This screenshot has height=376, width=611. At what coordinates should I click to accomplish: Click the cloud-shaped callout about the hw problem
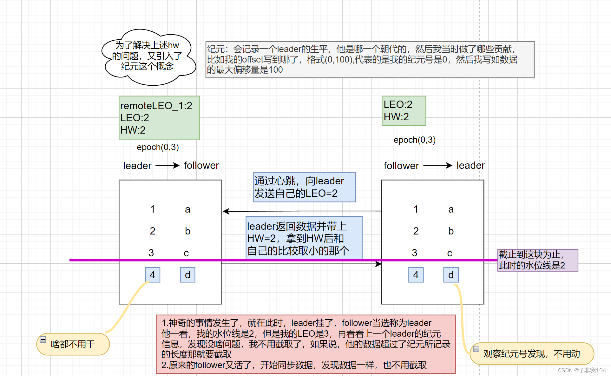point(148,57)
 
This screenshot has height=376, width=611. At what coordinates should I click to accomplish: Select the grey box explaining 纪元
point(370,59)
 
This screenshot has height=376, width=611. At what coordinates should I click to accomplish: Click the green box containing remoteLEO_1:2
point(159,118)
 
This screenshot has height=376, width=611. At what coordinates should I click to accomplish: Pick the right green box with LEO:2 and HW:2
point(404,111)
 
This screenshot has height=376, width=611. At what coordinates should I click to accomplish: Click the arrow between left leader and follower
point(167,165)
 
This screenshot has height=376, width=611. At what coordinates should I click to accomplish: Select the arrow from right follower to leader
point(437,165)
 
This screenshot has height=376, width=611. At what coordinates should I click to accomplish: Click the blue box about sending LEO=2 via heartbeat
point(304,187)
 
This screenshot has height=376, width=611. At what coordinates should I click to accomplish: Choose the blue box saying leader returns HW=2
point(304,238)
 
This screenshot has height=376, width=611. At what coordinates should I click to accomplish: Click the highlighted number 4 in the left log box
point(153,275)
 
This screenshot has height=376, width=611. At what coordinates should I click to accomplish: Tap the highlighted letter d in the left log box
point(187,275)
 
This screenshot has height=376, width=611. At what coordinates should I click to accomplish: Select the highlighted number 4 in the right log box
point(416,275)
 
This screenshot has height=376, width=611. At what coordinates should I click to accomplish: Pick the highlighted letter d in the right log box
point(451,275)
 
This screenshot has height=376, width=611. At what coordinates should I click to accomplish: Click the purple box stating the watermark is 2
point(537,260)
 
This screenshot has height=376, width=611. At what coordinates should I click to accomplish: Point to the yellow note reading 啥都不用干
point(73,344)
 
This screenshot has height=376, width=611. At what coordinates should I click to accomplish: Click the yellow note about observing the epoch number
point(532,353)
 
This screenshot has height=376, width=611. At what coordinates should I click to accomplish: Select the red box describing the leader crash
point(305,344)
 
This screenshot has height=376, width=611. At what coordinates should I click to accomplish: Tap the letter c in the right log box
point(450,253)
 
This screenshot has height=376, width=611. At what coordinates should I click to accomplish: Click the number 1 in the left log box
point(153,209)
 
